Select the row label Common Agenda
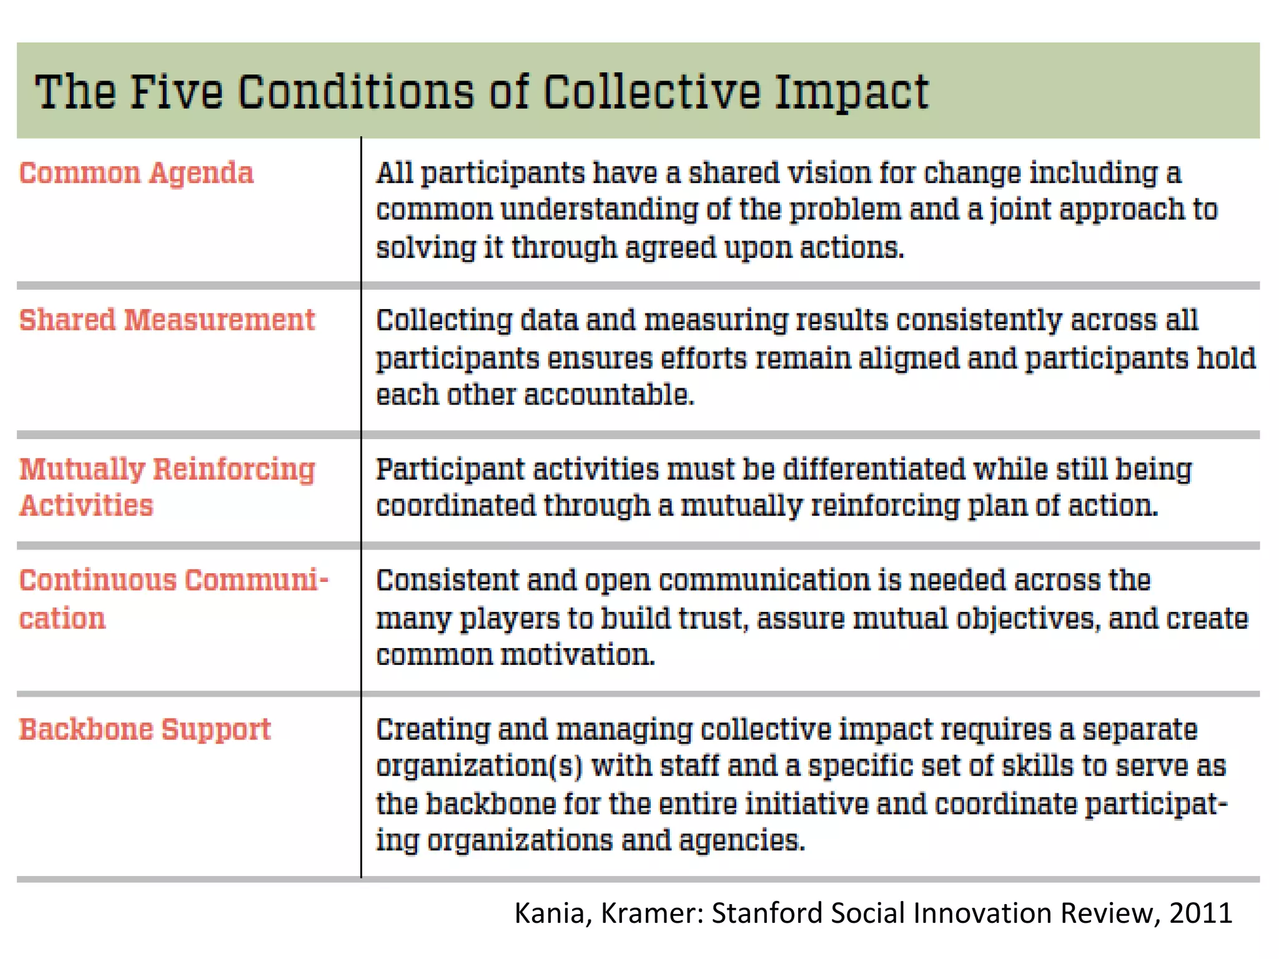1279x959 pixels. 136,174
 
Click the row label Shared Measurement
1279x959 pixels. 167,320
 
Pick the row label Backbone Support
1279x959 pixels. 145,729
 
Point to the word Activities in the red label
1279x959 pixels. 86,506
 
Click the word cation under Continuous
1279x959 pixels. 62,619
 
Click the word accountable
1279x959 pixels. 609,395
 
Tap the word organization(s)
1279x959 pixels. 479,767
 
